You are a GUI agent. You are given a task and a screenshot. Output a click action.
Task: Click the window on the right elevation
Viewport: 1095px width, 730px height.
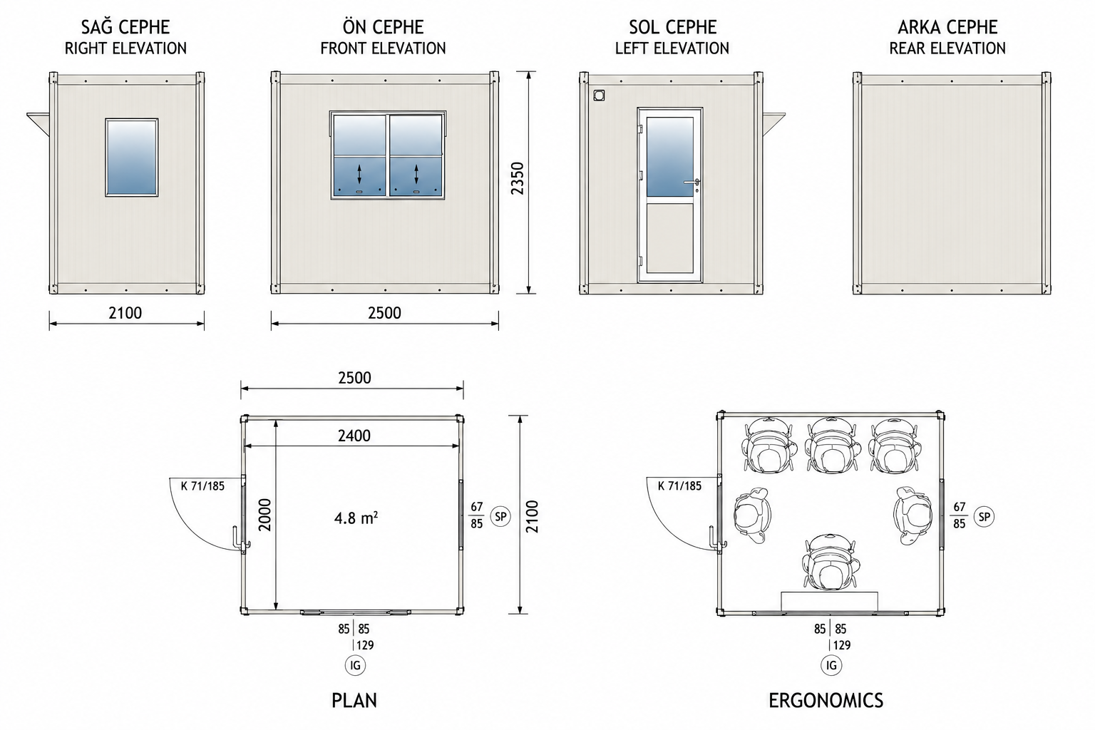pyautogui.click(x=131, y=158)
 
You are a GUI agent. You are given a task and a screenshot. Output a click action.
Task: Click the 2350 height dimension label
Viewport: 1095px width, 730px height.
pyautogui.click(x=517, y=178)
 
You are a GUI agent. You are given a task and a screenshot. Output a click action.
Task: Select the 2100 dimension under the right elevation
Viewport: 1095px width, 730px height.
pyautogui.click(x=125, y=313)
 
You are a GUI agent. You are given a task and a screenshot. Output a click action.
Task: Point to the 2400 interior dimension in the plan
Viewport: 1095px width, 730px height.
pyautogui.click(x=354, y=436)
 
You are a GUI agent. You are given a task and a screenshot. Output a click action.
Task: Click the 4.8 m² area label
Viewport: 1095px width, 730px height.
pyautogui.click(x=356, y=518)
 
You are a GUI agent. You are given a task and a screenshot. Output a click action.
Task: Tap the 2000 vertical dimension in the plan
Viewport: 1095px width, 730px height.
pyautogui.click(x=264, y=515)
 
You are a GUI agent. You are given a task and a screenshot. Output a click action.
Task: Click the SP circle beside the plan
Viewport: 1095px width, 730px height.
pyautogui.click(x=500, y=516)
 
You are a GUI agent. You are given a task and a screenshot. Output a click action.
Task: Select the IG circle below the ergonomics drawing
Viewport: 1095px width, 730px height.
pyautogui.click(x=831, y=665)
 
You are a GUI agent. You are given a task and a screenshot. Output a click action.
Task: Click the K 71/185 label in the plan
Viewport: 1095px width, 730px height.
pyautogui.click(x=202, y=486)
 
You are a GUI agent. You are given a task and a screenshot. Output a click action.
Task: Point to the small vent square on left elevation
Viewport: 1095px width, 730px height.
pyautogui.click(x=599, y=95)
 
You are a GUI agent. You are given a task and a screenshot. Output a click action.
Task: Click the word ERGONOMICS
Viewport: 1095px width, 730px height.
pyautogui.click(x=826, y=701)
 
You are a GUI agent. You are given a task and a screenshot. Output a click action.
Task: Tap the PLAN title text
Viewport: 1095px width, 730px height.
pyautogui.click(x=354, y=701)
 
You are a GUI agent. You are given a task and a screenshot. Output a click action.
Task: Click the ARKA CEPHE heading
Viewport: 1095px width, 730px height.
pyautogui.click(x=947, y=27)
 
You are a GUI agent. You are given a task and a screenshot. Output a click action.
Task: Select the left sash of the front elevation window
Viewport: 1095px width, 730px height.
pyautogui.click(x=359, y=156)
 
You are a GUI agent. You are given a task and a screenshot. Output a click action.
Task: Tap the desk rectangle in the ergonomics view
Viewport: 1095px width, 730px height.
pyautogui.click(x=829, y=602)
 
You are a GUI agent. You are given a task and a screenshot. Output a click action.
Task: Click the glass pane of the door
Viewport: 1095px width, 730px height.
pyautogui.click(x=669, y=157)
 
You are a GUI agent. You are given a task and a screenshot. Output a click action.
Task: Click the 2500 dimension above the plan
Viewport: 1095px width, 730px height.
pyautogui.click(x=354, y=378)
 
